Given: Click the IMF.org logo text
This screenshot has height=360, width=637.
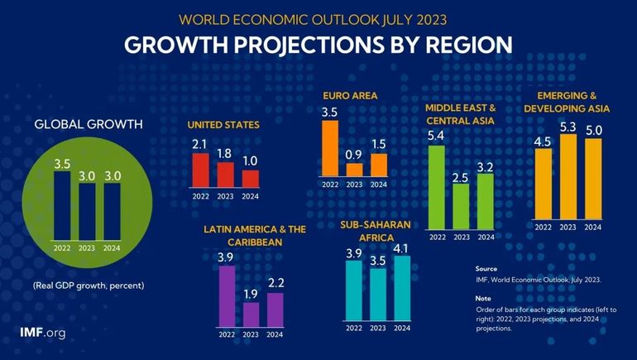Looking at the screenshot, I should pyautogui.click(x=42, y=333).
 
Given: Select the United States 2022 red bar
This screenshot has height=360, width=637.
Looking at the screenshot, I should pyautogui.click(x=199, y=170).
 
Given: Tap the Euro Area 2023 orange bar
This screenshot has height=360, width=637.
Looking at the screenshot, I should pyautogui.click(x=354, y=170).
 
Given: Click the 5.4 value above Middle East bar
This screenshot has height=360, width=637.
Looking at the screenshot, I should pyautogui.click(x=437, y=134).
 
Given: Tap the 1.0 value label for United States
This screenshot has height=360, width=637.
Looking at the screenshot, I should pyautogui.click(x=251, y=160).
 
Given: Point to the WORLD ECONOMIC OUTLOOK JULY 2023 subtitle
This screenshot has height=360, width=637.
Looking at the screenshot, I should pyautogui.click(x=318, y=17).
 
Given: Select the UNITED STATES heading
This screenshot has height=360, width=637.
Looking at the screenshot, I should pyautogui.click(x=223, y=125).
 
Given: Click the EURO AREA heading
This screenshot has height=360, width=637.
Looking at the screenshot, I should pyautogui.click(x=350, y=96).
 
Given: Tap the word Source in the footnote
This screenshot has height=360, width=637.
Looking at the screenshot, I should pyautogui.click(x=486, y=269).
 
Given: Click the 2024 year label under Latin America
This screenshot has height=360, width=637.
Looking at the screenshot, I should pyautogui.click(x=276, y=334).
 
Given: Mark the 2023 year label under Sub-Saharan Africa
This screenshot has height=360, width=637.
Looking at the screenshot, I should pyautogui.click(x=378, y=328).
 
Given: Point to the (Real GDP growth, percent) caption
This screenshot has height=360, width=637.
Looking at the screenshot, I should pyautogui.click(x=89, y=286).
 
